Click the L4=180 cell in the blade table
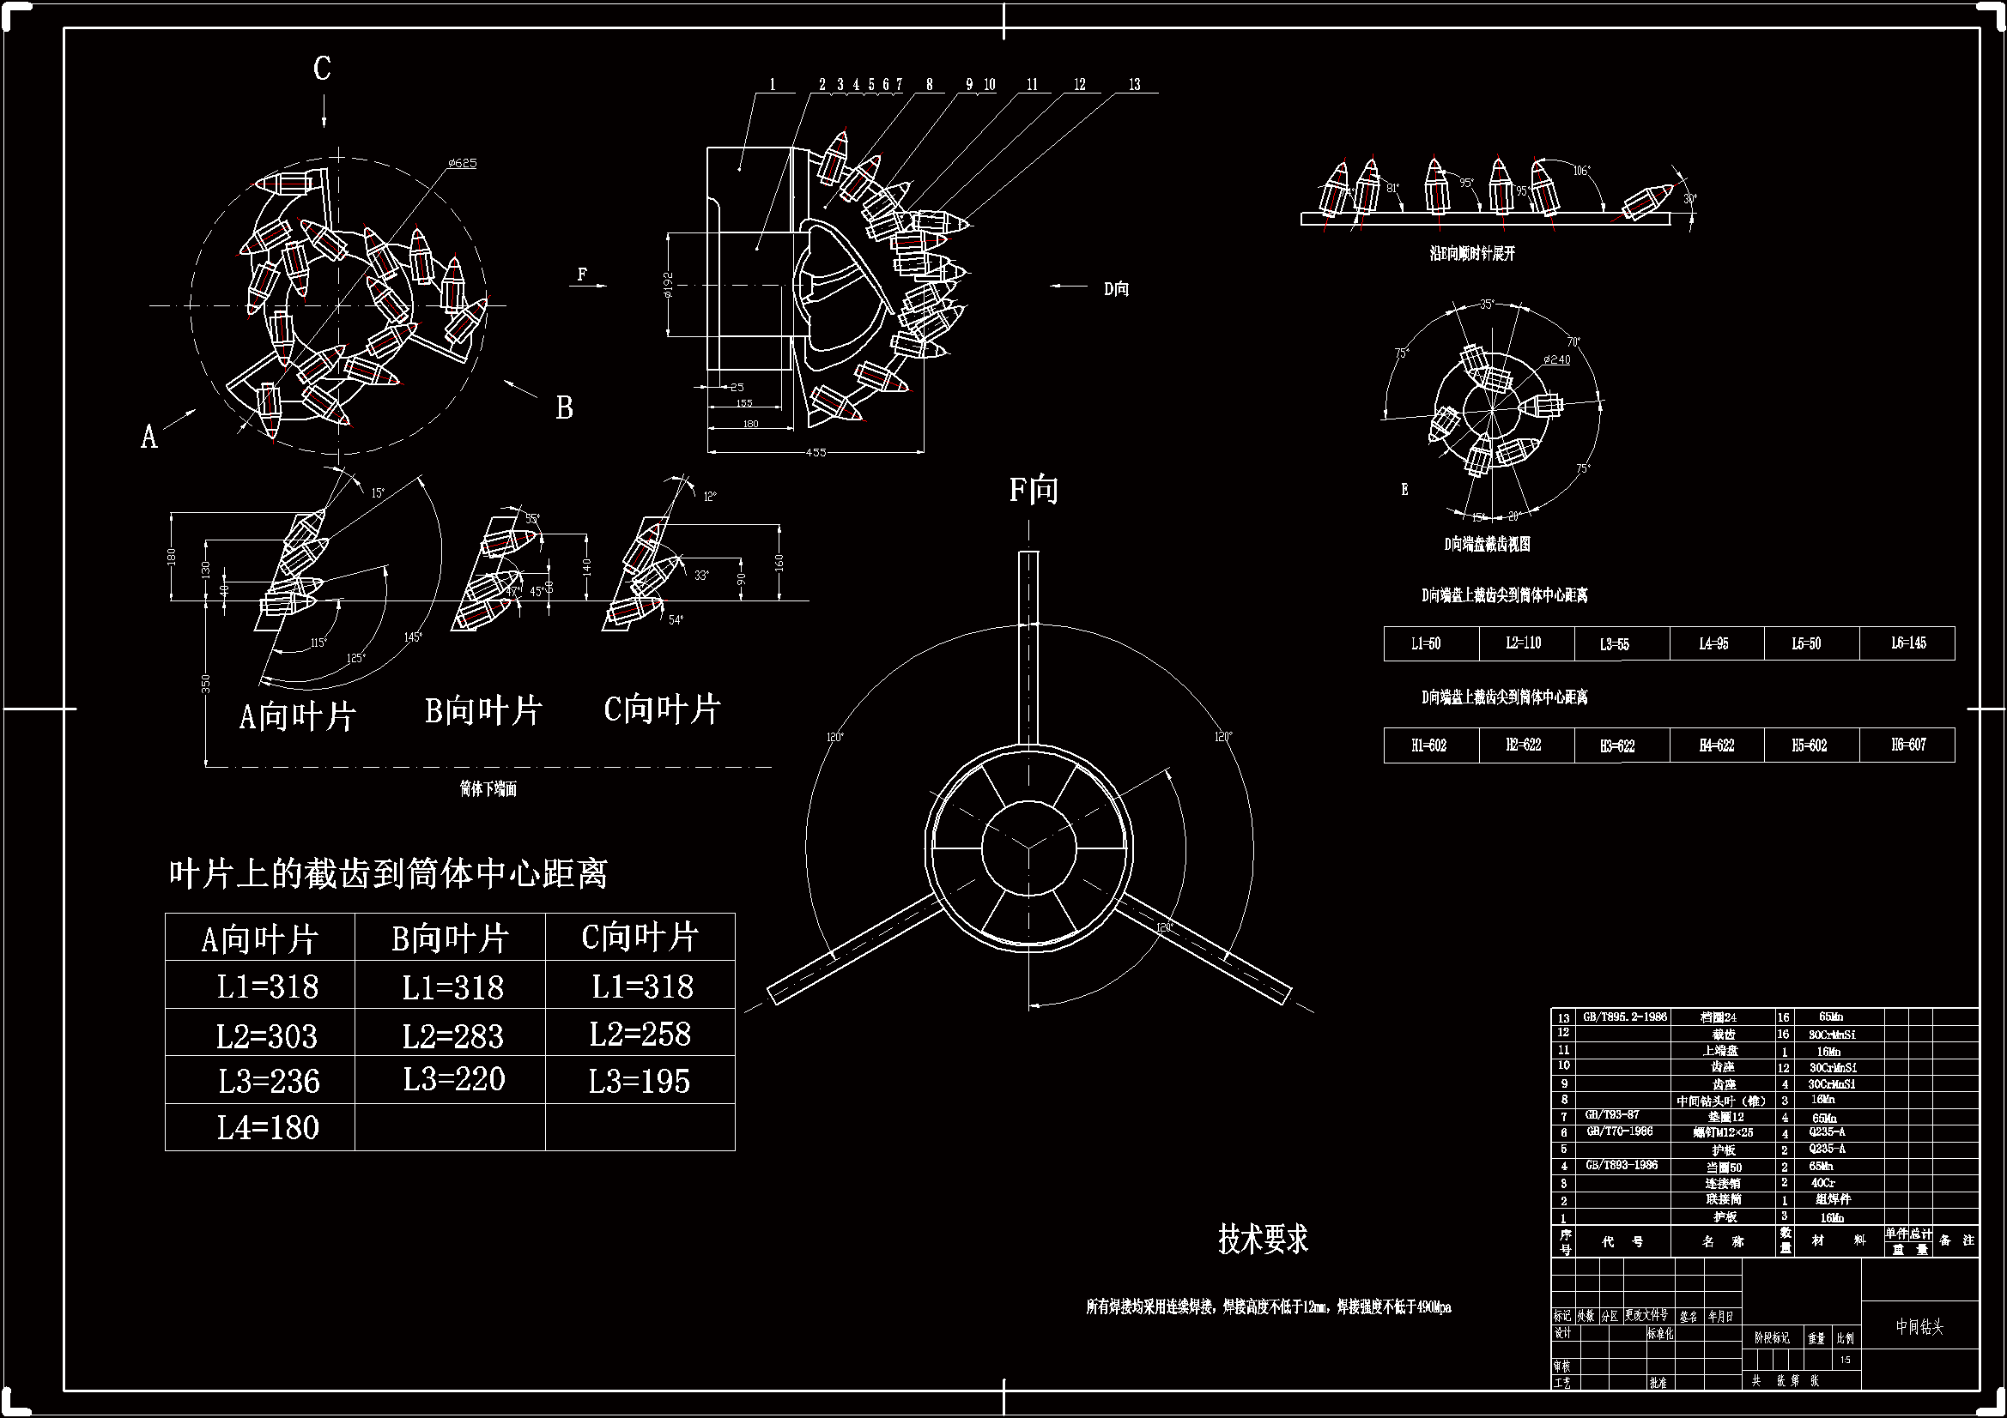pos(268,1128)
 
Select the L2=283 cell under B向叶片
pos(452,1036)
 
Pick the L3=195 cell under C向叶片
pos(639,1082)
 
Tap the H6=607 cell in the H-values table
pos(1907,745)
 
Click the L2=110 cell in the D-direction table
pos(1524,643)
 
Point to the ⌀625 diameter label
pos(462,163)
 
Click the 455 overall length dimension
pos(815,452)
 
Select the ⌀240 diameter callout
pos(1556,360)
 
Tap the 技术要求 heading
pos(1262,1239)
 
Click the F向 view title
pos(1034,490)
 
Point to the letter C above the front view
pos(323,68)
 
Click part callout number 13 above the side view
pos(1134,85)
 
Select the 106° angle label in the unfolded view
pos(1581,171)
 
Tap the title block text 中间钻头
pos(1919,1327)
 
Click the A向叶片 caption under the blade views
pos(297,717)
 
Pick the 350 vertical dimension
pos(206,683)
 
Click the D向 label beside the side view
pos(1116,288)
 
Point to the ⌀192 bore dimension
pos(668,285)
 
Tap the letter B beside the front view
pos(565,407)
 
